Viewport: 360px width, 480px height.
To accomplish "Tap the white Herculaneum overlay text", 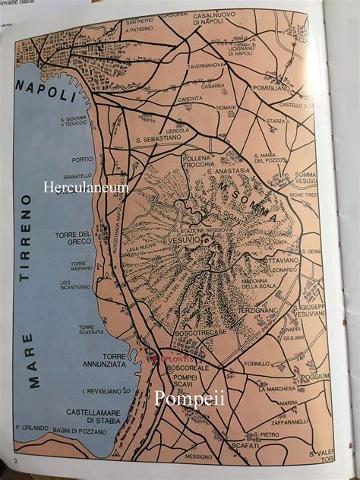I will tap(86, 187).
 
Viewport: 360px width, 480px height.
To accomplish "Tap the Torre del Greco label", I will tap(74, 238).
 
